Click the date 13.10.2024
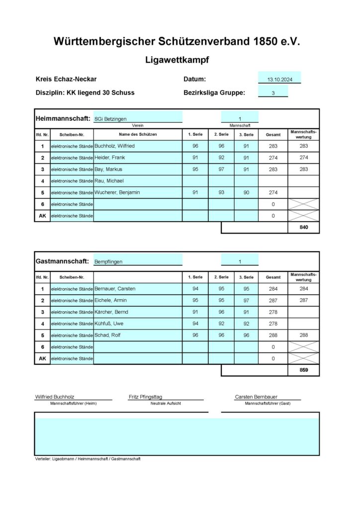(x=279, y=79)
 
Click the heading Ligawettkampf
(x=177, y=60)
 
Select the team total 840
(x=303, y=228)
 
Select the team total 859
(x=303, y=370)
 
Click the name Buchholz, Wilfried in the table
(x=114, y=146)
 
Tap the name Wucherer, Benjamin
(x=117, y=192)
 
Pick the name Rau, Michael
(x=109, y=181)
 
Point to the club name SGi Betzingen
(x=110, y=119)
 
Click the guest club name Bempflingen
(x=108, y=262)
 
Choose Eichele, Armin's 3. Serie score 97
(x=246, y=300)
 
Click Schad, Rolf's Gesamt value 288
(x=273, y=336)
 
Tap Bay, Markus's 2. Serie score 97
(x=221, y=170)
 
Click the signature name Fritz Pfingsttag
(x=145, y=397)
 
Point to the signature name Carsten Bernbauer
(x=256, y=397)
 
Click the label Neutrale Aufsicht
(x=166, y=404)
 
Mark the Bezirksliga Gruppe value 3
(x=273, y=93)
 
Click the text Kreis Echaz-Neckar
(x=66, y=79)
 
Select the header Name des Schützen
(x=138, y=135)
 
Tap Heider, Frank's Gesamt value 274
(x=273, y=158)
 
